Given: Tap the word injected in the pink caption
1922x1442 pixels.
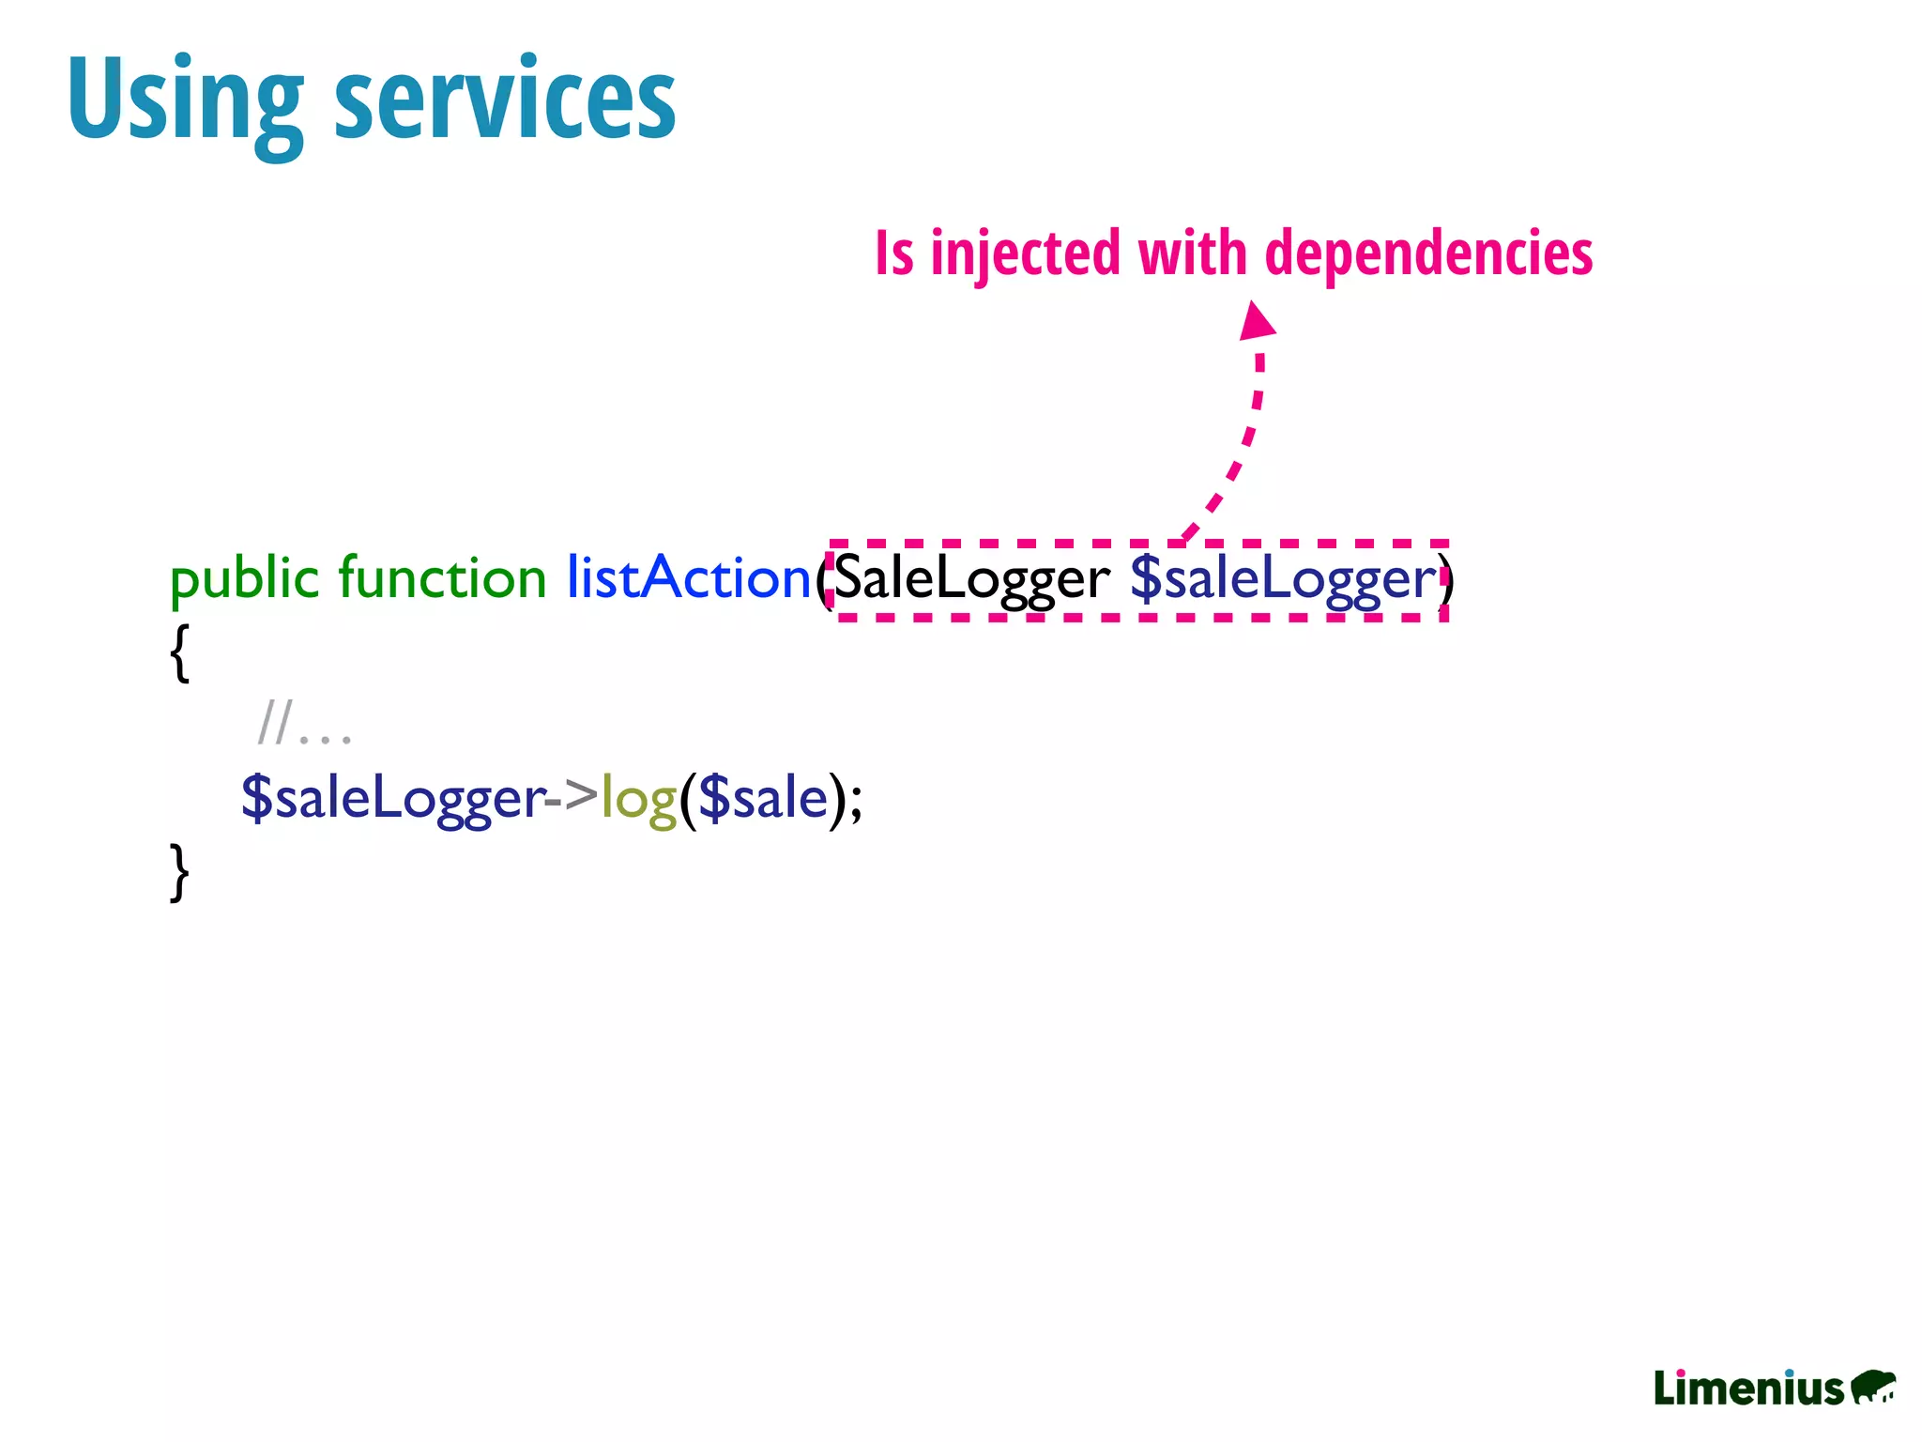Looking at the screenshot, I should pyautogui.click(x=1025, y=253).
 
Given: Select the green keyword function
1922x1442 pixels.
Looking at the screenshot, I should pyautogui.click(x=441, y=577).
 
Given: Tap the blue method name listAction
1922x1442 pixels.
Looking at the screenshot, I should pyautogui.click(x=688, y=577).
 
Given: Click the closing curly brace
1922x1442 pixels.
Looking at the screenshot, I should pyautogui.click(x=180, y=872).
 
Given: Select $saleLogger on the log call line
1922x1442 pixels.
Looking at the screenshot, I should pyautogui.click(x=392, y=799).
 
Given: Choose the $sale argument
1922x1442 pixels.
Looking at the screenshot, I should pyautogui.click(x=763, y=799).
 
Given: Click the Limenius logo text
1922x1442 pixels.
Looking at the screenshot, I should pyautogui.click(x=1748, y=1388).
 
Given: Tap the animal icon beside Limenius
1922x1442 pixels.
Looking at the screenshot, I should pyautogui.click(x=1872, y=1387).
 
